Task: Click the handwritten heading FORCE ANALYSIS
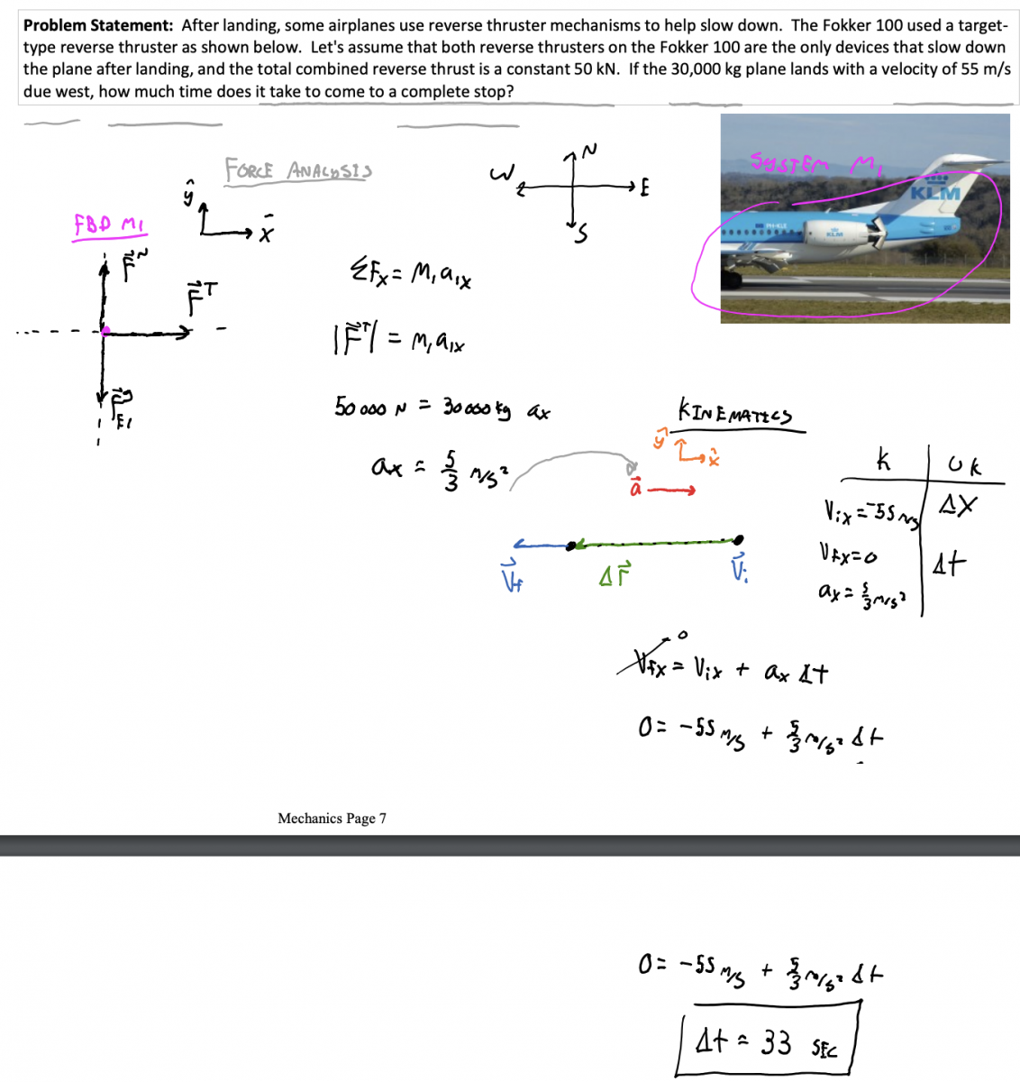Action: coord(298,170)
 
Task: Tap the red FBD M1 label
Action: coord(110,225)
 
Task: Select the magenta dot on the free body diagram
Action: coord(105,331)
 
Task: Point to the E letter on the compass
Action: coord(644,188)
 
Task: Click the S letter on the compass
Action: coord(582,236)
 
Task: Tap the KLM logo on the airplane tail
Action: coord(935,192)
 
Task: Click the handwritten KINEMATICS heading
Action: coord(734,414)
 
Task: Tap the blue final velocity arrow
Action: coord(541,545)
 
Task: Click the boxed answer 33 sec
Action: coord(767,1043)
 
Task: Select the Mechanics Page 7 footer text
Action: coord(332,818)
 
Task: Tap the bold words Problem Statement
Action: coord(98,25)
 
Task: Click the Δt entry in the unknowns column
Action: coord(949,564)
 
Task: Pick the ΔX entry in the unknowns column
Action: coord(957,506)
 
